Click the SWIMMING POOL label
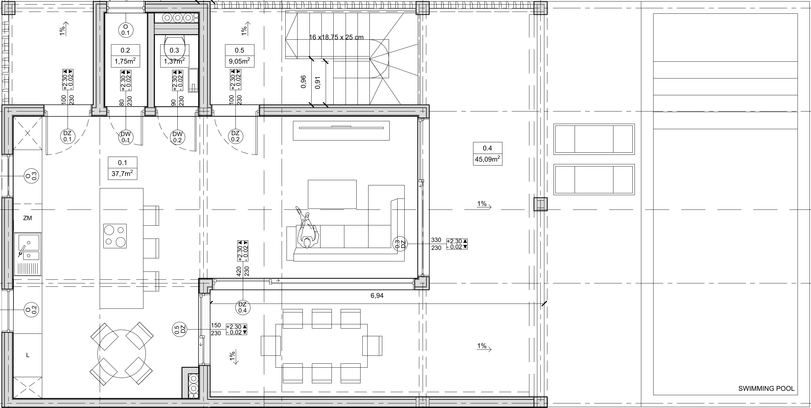pos(766,388)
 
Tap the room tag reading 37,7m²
pos(122,168)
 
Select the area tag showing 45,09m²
pos(488,154)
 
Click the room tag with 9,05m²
pos(239,56)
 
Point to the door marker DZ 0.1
pos(67,137)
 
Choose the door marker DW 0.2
pos(178,137)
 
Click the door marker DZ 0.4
pos(243,308)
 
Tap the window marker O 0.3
pos(31,176)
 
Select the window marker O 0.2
pos(31,310)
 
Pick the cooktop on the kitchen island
pos(115,236)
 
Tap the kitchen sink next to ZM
pos(28,254)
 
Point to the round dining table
pos(122,354)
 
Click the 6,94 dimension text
pos(377,296)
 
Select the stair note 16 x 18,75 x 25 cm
pos(336,37)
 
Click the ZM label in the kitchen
pos(28,218)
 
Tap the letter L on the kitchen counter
pos(28,355)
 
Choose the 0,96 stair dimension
pos(303,82)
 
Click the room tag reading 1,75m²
pos(125,56)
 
